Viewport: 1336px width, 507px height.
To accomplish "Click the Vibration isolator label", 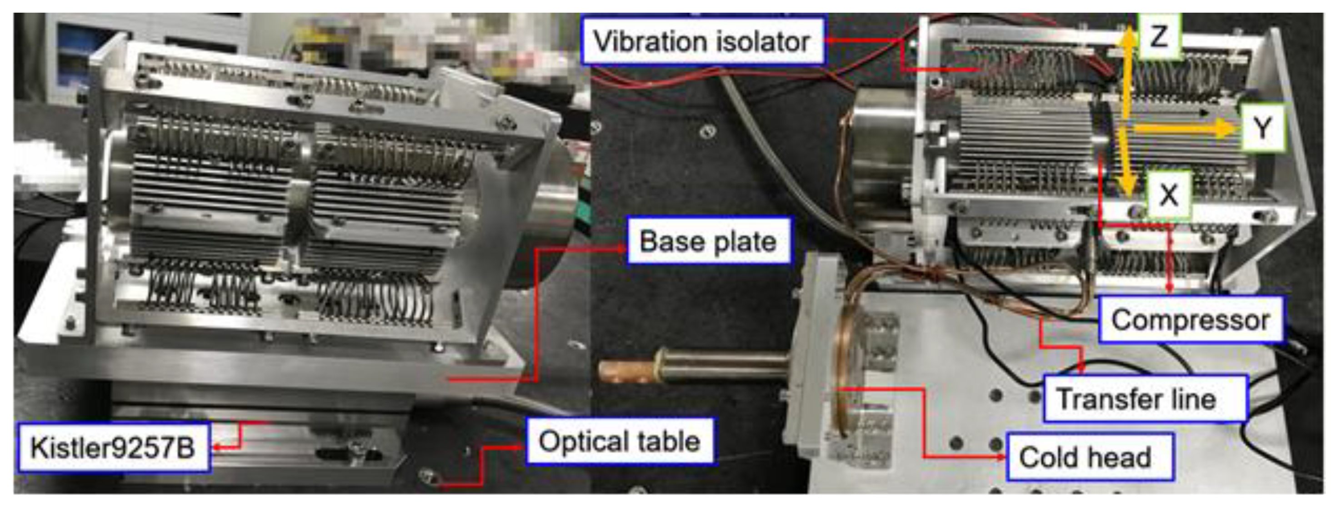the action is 703,41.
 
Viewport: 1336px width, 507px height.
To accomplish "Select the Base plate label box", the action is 708,241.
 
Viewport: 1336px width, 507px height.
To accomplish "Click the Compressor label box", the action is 1191,320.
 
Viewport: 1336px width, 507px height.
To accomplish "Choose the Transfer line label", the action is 1145,399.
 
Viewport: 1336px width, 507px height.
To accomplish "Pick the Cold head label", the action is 1089,457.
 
